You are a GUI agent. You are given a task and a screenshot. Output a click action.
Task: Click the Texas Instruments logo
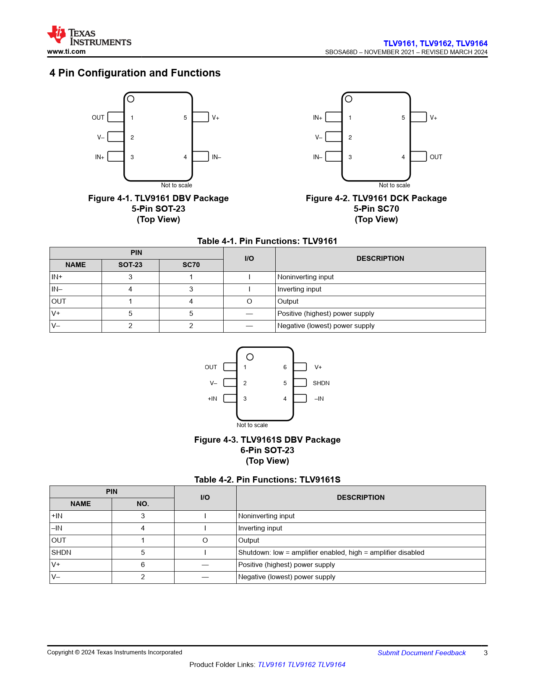point(89,36)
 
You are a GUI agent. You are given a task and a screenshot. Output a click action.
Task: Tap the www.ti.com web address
point(66,52)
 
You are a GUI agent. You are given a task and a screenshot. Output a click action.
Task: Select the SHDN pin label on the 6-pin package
point(321,383)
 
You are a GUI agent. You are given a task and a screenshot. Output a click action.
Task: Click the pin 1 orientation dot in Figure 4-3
point(250,357)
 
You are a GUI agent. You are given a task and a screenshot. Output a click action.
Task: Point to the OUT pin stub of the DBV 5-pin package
point(116,117)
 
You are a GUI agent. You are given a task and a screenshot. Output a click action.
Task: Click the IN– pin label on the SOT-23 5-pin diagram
point(216,157)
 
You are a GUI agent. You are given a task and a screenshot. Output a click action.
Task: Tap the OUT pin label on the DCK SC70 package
point(436,157)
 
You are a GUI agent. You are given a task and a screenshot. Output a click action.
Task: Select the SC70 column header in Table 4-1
point(191,265)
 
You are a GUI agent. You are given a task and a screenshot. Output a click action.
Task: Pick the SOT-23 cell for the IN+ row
point(130,277)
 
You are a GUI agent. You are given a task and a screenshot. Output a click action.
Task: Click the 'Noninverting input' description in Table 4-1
point(305,277)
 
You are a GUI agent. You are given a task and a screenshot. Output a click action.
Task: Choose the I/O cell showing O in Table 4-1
point(249,302)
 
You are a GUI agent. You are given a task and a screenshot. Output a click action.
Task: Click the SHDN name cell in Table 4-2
point(61,553)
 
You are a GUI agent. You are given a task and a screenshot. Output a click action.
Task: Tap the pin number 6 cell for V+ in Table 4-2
point(143,565)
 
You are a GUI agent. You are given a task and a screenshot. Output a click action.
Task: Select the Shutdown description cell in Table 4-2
point(331,553)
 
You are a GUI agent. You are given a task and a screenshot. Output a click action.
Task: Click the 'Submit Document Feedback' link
point(421,653)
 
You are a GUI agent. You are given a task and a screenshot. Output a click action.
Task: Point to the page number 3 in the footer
point(485,653)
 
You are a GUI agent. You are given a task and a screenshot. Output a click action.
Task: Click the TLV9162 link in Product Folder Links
point(301,664)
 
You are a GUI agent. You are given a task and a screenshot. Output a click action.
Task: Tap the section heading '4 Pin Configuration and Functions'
point(135,73)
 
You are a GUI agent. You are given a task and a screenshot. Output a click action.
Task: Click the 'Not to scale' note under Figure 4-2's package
point(394,185)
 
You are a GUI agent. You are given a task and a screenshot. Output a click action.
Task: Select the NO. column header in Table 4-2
point(143,504)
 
